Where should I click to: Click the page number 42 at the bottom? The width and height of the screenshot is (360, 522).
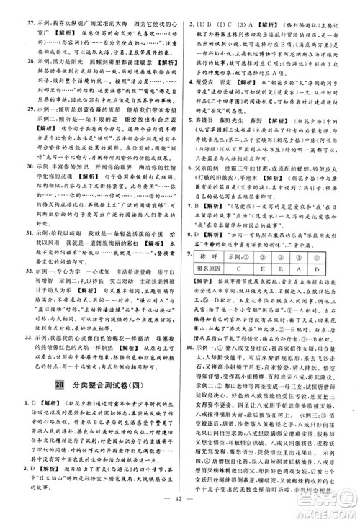pyautogui.click(x=180, y=507)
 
